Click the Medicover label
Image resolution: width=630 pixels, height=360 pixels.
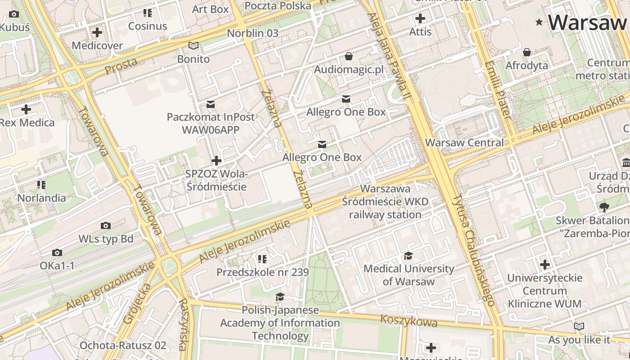[x=97, y=45]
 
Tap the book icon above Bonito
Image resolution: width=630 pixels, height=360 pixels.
[x=193, y=45]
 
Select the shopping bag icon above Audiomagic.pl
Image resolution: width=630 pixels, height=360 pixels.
[x=348, y=56]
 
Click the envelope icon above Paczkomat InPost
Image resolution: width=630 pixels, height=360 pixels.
[x=210, y=104]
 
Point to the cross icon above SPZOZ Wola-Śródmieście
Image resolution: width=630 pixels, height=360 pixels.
[x=216, y=161]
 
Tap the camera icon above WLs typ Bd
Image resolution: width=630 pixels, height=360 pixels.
[x=106, y=225]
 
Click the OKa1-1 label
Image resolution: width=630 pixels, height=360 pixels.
[x=57, y=265]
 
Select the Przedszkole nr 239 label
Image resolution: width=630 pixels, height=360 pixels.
[x=262, y=272]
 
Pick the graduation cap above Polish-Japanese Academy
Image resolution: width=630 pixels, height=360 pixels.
[x=280, y=297]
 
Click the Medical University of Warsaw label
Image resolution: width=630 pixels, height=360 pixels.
[x=409, y=275]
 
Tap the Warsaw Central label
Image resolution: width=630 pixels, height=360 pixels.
[x=464, y=143]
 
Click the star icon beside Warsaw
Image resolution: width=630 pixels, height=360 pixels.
[x=539, y=22]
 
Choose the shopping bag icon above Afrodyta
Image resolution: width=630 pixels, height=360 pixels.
[x=527, y=53]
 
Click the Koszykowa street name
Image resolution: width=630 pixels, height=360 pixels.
[x=409, y=321]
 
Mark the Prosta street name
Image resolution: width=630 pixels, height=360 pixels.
[x=121, y=66]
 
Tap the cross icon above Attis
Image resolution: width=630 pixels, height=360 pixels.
[x=420, y=18]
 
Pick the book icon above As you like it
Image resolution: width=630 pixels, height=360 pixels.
[x=579, y=326]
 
